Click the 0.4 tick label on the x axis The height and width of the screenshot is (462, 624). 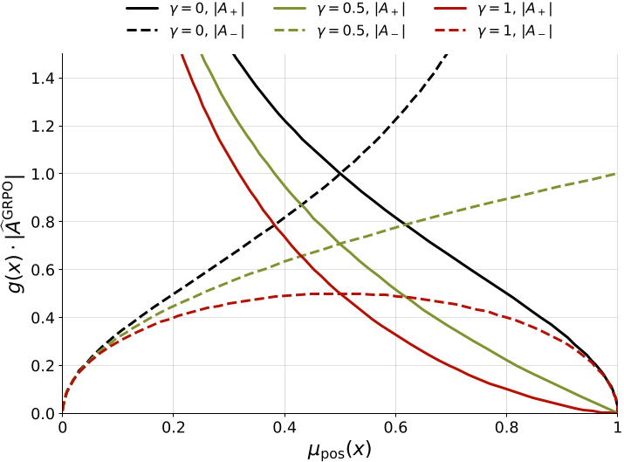click(285, 428)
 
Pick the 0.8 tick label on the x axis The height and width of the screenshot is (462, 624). click(506, 428)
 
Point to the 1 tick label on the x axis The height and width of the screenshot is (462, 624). click(617, 428)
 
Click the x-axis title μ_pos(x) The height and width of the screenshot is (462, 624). click(339, 449)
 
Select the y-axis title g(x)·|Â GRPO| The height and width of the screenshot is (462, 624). click(19, 233)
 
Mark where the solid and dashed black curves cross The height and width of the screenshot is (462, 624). click(339, 174)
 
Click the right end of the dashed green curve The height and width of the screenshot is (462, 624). click(617, 174)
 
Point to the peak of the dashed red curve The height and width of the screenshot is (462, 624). click(339, 293)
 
